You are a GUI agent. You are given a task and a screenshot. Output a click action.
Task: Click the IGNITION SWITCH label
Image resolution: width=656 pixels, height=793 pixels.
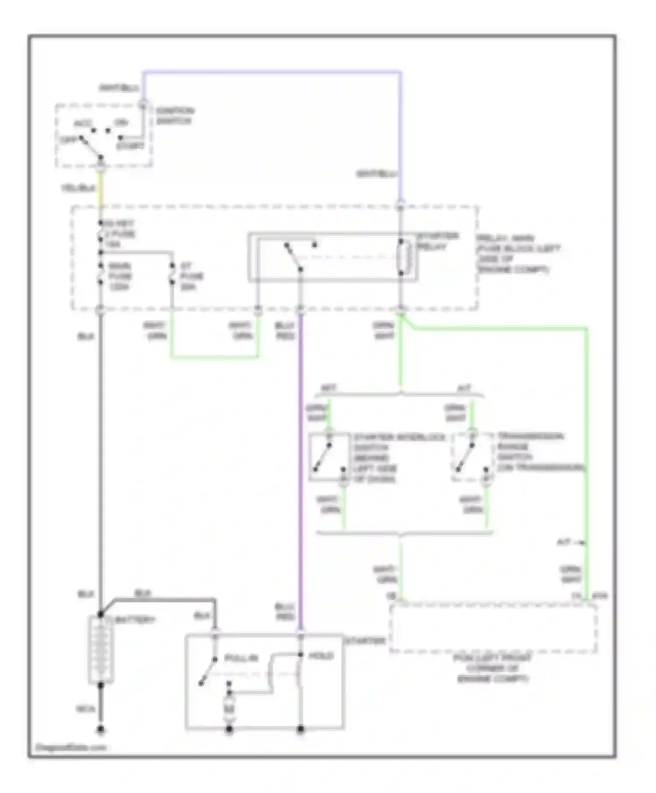tap(174, 116)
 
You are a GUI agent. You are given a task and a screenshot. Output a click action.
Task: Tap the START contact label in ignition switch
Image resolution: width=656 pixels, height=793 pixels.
tap(130, 146)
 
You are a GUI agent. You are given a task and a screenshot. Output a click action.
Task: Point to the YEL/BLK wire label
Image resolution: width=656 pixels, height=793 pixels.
tap(78, 188)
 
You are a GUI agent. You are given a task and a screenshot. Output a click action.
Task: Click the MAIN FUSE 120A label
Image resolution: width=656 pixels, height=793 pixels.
tap(119, 276)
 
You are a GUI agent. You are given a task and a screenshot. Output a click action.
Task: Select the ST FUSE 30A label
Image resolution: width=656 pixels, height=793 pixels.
tap(191, 276)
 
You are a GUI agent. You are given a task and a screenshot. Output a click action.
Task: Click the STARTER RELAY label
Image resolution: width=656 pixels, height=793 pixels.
tap(437, 241)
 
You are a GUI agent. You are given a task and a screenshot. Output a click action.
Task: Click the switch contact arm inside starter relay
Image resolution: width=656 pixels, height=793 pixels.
tap(293, 257)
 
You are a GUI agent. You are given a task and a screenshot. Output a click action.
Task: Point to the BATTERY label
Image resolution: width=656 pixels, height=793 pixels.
tap(136, 620)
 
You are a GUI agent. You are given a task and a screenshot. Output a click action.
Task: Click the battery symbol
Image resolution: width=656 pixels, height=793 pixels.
tap(101, 650)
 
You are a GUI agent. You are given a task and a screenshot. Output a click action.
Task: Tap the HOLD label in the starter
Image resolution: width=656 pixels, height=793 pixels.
tap(321, 656)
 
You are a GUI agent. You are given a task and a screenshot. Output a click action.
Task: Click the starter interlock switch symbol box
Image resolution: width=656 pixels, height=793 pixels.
tap(329, 457)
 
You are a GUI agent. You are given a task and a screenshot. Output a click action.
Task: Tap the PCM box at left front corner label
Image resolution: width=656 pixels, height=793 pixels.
tap(492, 668)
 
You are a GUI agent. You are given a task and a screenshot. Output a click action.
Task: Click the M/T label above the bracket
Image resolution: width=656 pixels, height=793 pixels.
tap(328, 388)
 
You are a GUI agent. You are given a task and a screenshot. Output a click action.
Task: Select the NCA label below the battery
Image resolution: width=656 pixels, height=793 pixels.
tap(85, 709)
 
